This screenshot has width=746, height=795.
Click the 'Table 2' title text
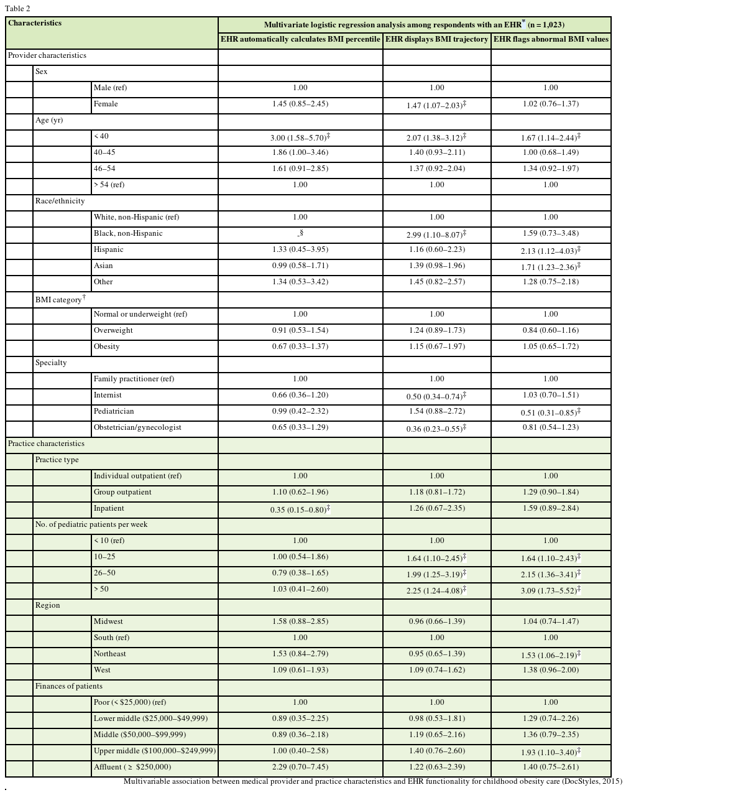pyautogui.click(x=17, y=9)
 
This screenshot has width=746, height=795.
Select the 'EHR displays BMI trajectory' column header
pyautogui.click(x=436, y=39)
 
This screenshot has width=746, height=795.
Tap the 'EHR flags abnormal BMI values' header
pyautogui.click(x=551, y=39)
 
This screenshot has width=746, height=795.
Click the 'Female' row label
pyautogui.click(x=106, y=104)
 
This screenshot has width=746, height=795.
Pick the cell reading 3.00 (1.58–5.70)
pyautogui.click(x=300, y=137)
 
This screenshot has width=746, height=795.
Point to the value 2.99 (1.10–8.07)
pyautogui.click(x=436, y=235)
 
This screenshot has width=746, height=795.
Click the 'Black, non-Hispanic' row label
pyautogui.click(x=128, y=233)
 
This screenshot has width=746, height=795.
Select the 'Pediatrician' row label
pyautogui.click(x=114, y=411)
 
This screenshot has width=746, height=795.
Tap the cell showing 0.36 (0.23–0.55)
pyautogui.click(x=436, y=429)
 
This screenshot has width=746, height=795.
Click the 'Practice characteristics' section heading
pyautogui.click(x=46, y=444)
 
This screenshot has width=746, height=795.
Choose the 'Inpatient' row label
pyautogui.click(x=109, y=508)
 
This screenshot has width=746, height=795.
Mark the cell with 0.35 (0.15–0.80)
pyautogui.click(x=300, y=509)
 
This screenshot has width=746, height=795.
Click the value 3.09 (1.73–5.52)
pyautogui.click(x=550, y=590)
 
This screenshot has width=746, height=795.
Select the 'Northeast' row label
pyautogui.click(x=110, y=654)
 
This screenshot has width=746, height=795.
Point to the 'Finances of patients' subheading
pyautogui.click(x=69, y=686)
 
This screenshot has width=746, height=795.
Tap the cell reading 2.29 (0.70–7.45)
pyautogui.click(x=300, y=767)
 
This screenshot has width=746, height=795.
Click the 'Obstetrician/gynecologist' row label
pyautogui.click(x=137, y=427)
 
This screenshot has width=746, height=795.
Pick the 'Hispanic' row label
pyautogui.click(x=109, y=249)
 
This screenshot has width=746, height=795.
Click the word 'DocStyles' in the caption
pyautogui.click(x=582, y=781)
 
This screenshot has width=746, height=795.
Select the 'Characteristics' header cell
pyautogui.click(x=35, y=23)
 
